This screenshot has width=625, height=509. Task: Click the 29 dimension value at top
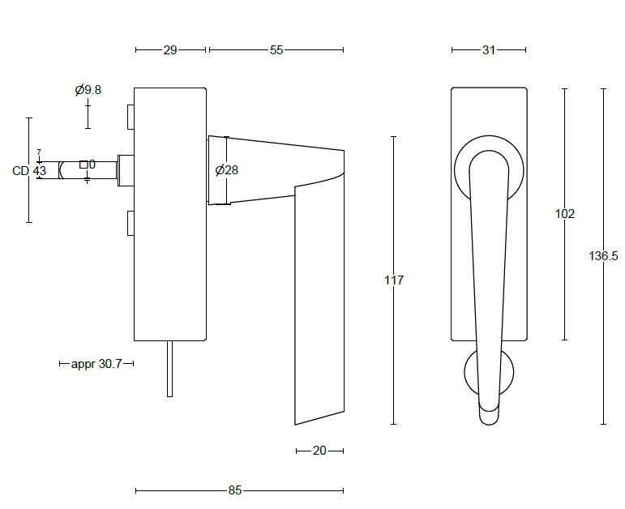tap(169, 50)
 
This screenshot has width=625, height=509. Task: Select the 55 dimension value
tap(276, 50)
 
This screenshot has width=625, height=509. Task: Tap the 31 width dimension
tap(488, 50)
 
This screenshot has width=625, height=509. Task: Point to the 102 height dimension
tap(565, 214)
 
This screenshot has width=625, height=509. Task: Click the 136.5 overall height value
tap(603, 256)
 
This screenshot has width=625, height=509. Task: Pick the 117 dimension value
tap(393, 280)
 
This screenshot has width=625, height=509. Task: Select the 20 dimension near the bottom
tap(319, 451)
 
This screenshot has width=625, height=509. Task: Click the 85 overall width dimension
tap(235, 490)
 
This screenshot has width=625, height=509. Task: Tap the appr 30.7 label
tap(96, 365)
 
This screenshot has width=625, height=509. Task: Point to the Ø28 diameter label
tap(227, 170)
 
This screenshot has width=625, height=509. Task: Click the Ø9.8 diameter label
tap(88, 90)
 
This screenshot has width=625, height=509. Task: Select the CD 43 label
tap(29, 171)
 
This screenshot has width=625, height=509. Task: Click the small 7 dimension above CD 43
tap(38, 152)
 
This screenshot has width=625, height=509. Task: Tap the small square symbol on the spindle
tap(83, 165)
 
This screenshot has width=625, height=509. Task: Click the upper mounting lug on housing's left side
tap(130, 117)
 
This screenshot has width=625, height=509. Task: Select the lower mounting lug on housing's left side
tap(130, 223)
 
